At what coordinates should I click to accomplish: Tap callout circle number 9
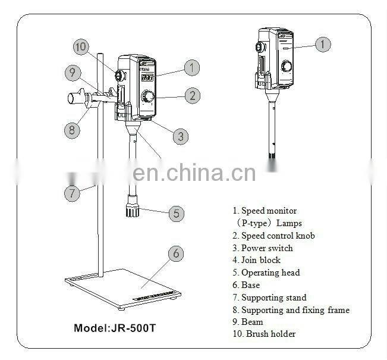pos(73,73)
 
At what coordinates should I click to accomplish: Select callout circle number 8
pos(72,130)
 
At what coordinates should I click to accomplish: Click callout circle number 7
pos(72,193)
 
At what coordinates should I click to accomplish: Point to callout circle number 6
pos(175,253)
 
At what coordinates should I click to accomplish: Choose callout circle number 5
pos(175,214)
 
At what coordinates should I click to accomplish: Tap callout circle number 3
pos(181,136)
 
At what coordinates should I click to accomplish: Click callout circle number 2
pos(191,94)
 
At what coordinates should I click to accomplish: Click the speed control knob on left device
pos(147,96)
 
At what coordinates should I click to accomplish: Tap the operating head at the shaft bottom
pos(131,209)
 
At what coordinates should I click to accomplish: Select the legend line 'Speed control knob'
pos(273,236)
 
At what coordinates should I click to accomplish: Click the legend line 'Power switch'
pos(262,248)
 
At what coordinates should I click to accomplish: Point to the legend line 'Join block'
pos(256,260)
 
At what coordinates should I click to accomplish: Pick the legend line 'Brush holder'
pos(264,334)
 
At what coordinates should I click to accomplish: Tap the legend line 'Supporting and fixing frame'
pos(291,310)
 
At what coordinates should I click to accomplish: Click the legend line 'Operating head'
pos(266,273)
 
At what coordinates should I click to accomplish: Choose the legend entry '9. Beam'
pos(248,322)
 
